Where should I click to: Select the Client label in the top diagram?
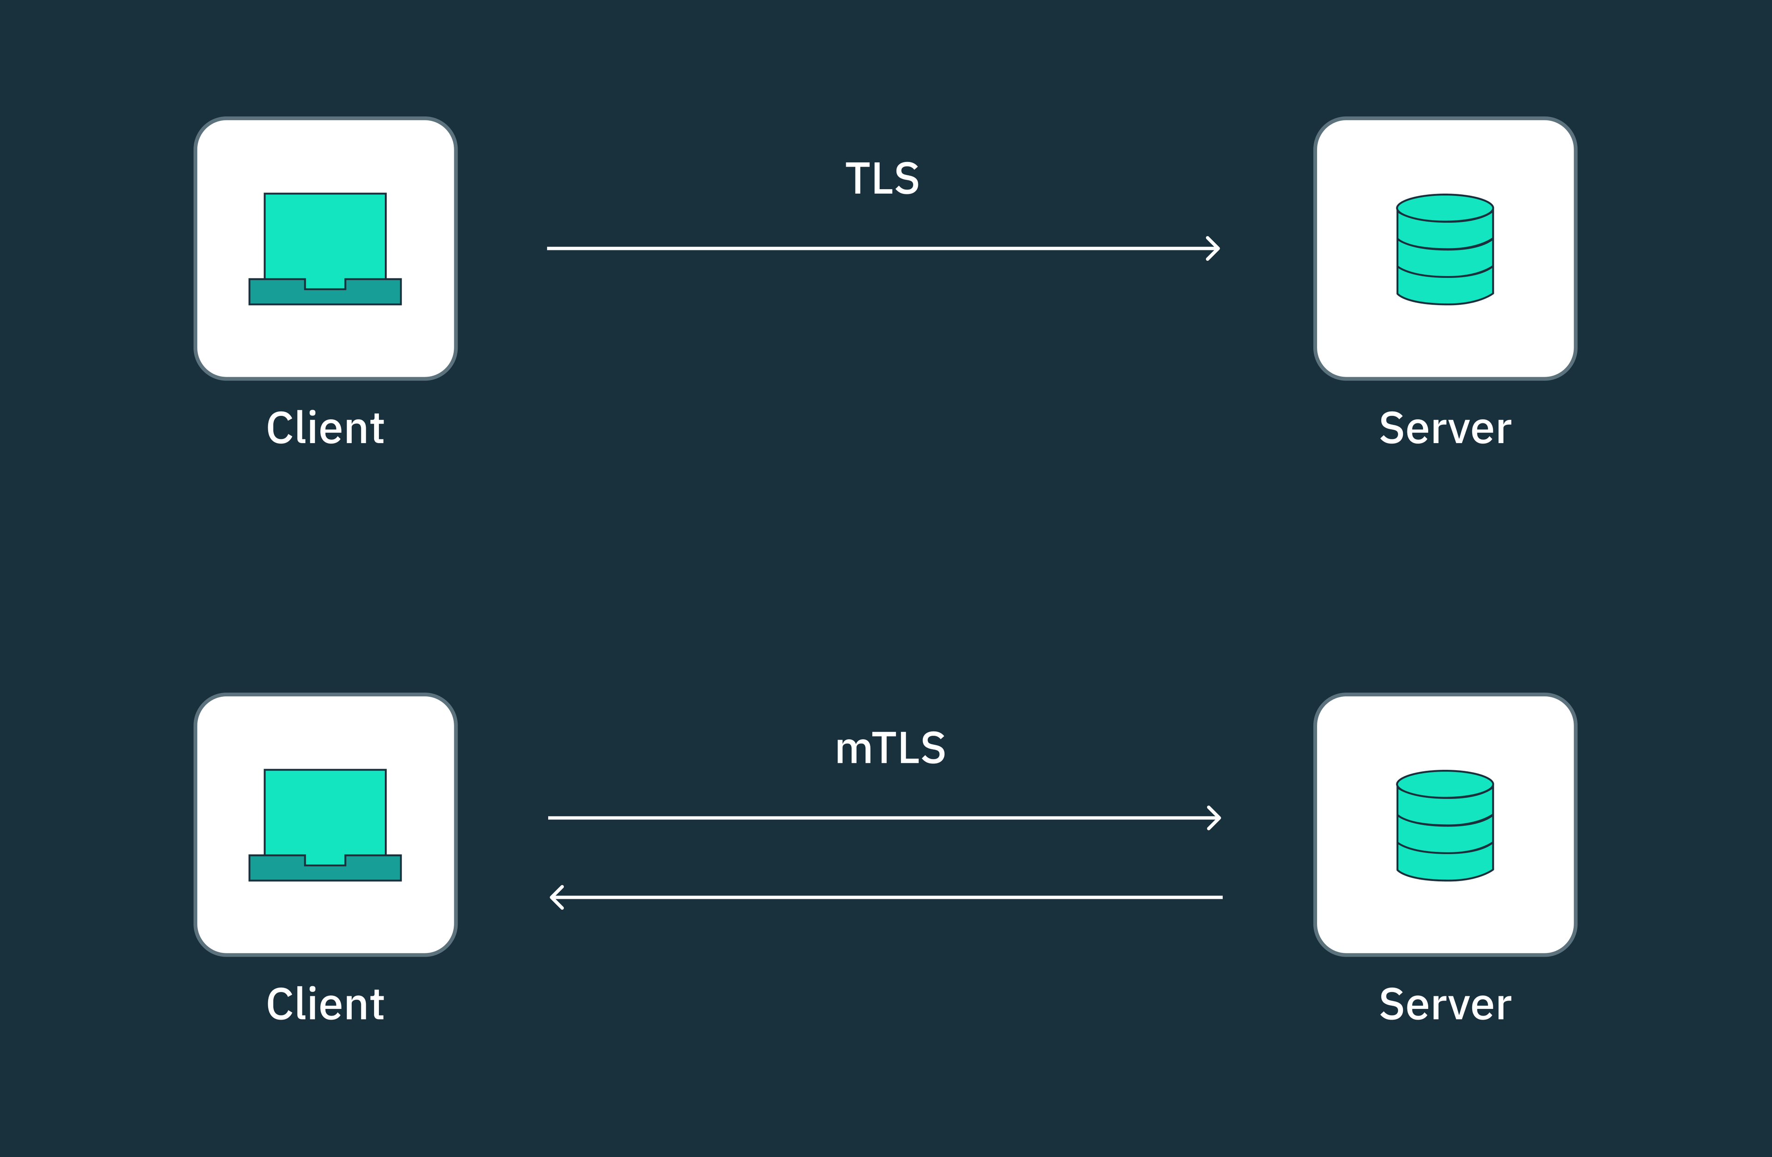coord(325,429)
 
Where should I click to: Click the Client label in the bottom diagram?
coord(325,1004)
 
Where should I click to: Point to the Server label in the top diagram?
coord(1445,429)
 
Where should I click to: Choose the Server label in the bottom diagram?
coord(1445,1004)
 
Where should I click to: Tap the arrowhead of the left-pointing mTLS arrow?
coord(556,897)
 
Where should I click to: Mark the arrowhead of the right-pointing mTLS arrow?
coord(1215,817)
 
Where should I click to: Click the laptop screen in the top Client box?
coord(325,234)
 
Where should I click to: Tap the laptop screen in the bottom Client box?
coord(325,811)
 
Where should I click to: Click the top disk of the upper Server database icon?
coord(1445,209)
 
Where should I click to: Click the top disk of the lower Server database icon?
coord(1445,784)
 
